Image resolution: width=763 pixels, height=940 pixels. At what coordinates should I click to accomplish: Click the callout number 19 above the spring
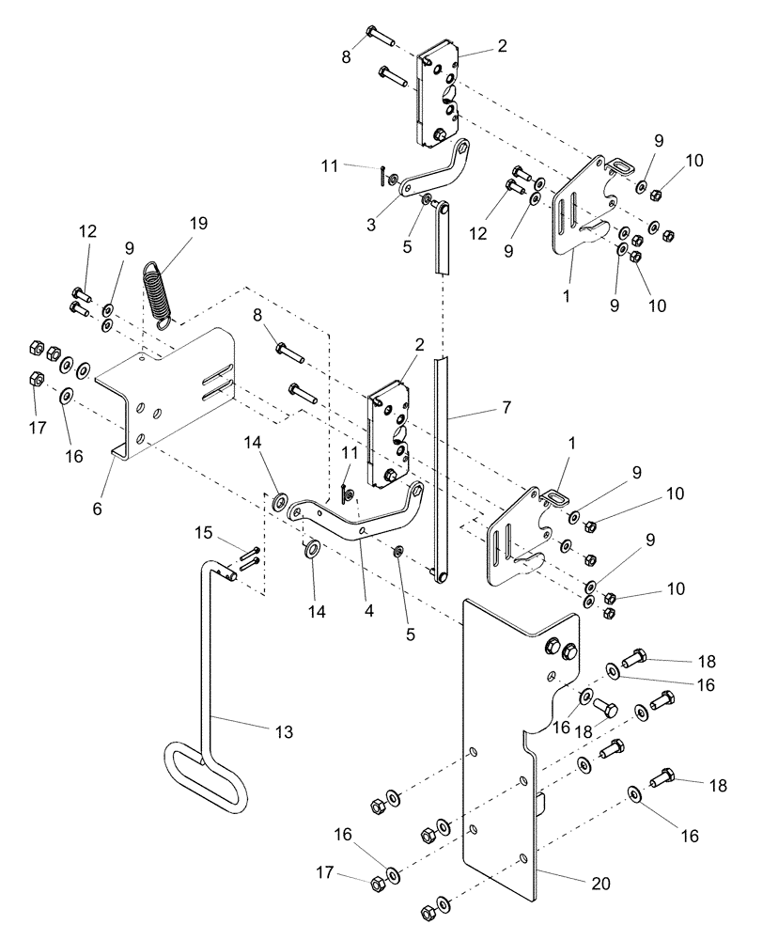click(196, 224)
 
